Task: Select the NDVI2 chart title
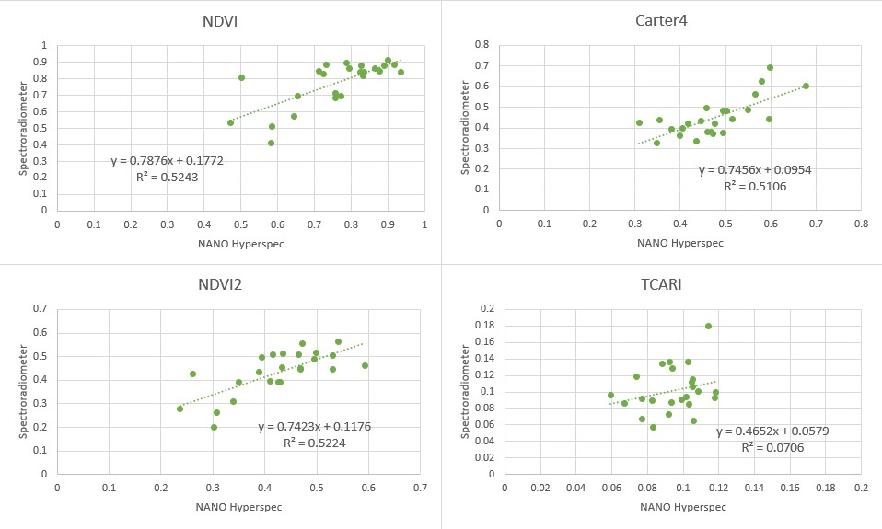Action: (221, 286)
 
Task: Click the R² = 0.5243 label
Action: (167, 177)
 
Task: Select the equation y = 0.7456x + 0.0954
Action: (755, 170)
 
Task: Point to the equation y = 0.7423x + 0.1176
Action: (314, 427)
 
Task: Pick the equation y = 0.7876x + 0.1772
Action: (167, 161)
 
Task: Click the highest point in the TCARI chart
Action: (708, 326)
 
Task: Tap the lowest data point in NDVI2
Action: (214, 427)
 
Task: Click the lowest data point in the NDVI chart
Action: (271, 143)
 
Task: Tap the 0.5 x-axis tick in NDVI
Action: (241, 222)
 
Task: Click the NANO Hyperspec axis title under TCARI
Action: (682, 507)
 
